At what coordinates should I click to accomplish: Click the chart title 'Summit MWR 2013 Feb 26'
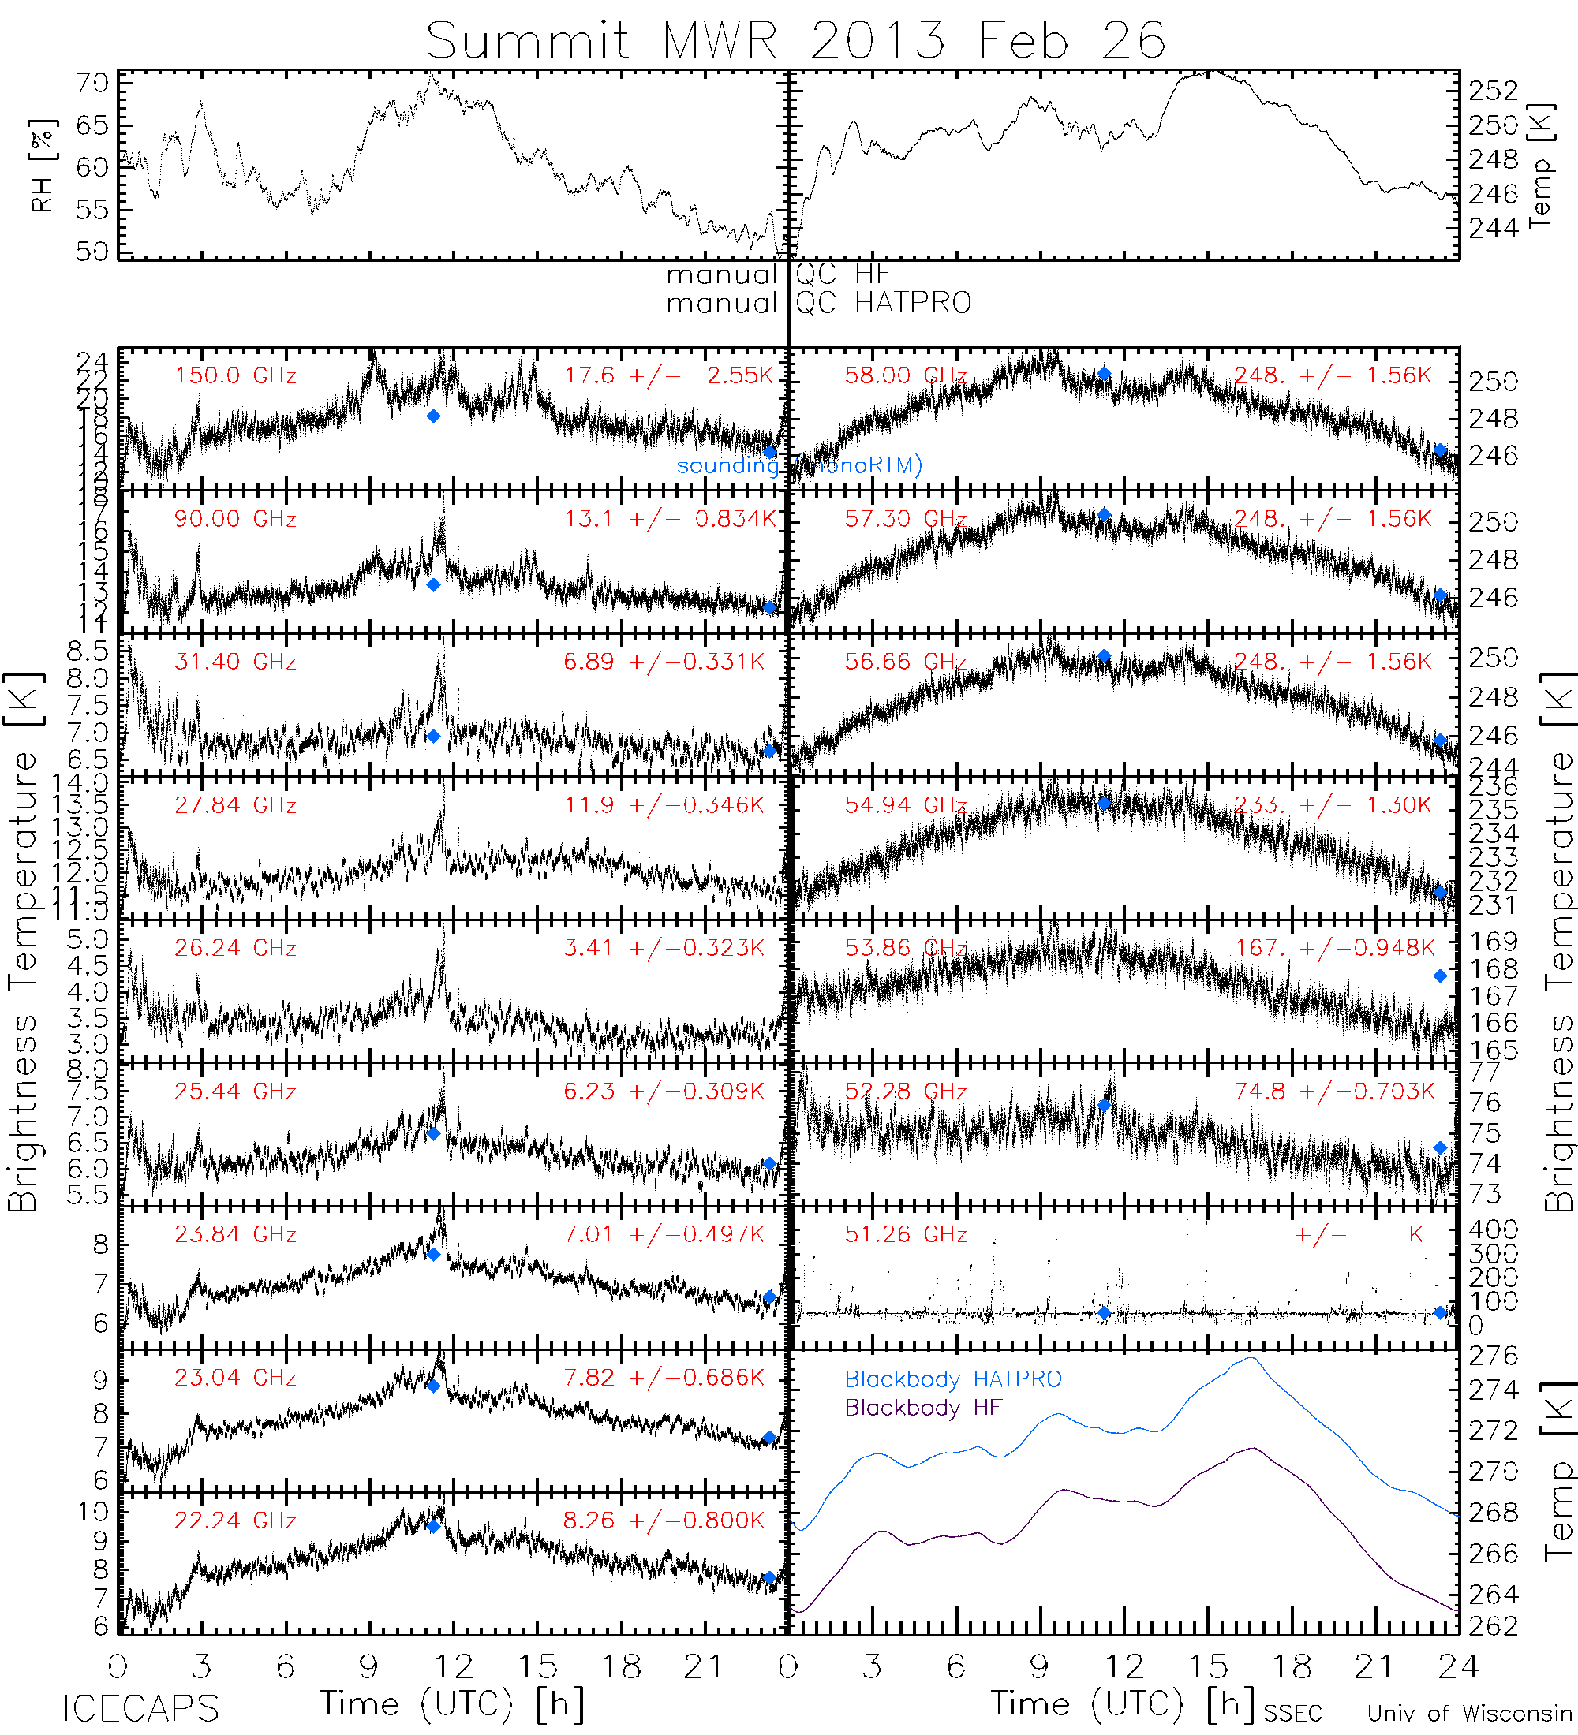(x=795, y=40)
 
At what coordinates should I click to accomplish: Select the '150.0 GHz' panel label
(x=235, y=376)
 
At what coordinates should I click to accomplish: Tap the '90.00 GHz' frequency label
(x=235, y=519)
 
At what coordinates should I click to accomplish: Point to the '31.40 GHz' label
(x=235, y=662)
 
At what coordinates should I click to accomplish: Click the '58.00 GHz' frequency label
(x=905, y=376)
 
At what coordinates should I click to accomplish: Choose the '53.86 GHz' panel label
(x=905, y=949)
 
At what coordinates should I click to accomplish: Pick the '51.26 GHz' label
(x=905, y=1235)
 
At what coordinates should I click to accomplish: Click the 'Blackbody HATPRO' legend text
(x=953, y=1379)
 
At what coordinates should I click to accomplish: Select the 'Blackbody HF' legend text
(x=923, y=1408)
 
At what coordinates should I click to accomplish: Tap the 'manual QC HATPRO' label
(x=819, y=304)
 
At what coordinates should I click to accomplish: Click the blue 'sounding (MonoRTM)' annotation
(x=799, y=465)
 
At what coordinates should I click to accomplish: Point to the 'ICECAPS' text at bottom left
(x=141, y=1708)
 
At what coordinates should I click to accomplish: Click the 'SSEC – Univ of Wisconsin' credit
(x=1417, y=1714)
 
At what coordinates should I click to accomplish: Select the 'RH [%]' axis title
(x=41, y=166)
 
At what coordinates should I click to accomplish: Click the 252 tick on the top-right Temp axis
(x=1494, y=91)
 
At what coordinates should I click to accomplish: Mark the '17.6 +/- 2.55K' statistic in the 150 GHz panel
(x=669, y=376)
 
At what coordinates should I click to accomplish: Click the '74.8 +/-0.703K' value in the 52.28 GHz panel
(x=1334, y=1092)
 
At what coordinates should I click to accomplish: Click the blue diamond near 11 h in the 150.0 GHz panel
(x=434, y=416)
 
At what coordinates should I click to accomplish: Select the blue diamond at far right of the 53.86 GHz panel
(x=1440, y=976)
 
